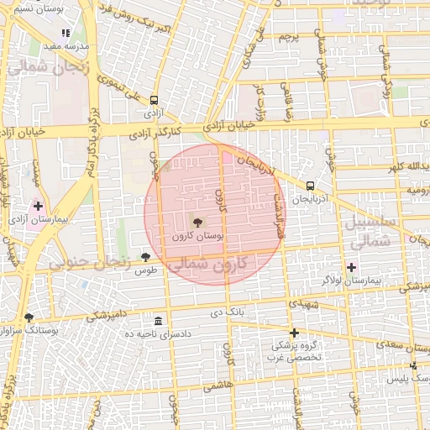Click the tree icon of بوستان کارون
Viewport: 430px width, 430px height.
coord(197,223)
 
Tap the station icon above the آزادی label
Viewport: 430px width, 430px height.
coord(154,100)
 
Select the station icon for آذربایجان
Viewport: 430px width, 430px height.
coord(311,186)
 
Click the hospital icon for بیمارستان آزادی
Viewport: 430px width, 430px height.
coord(37,205)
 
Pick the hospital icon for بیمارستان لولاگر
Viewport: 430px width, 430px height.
coord(350,266)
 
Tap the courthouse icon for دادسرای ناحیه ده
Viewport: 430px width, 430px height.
coord(159,322)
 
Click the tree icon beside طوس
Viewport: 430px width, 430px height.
coord(147,257)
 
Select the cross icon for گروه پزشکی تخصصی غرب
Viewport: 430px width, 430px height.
coord(294,333)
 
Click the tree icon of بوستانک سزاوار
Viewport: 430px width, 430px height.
coord(29,317)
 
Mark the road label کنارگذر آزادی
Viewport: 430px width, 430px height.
coord(156,133)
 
